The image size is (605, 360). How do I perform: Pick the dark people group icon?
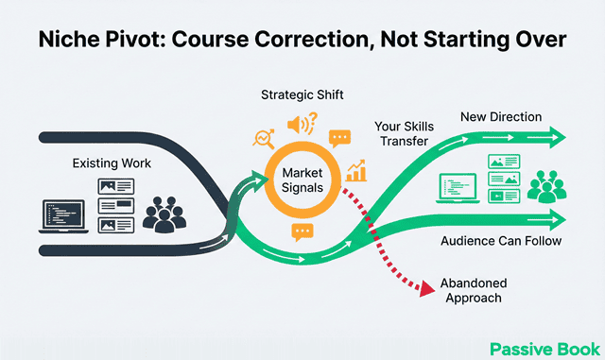[x=167, y=214]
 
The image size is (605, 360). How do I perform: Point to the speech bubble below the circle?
[x=302, y=231]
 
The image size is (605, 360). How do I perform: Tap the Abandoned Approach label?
[x=475, y=289]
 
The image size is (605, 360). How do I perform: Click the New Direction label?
[x=500, y=116]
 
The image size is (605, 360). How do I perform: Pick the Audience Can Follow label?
[x=501, y=241]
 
